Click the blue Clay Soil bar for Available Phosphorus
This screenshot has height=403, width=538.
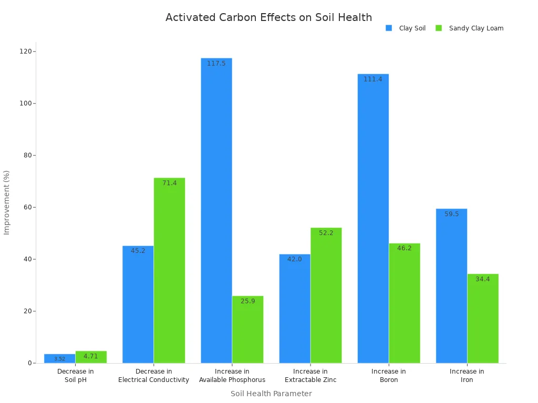coord(216,210)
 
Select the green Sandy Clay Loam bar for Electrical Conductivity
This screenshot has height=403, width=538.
coord(169,270)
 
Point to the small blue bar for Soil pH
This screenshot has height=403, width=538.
coord(59,358)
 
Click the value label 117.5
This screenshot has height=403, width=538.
coord(216,63)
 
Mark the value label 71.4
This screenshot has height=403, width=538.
coord(169,183)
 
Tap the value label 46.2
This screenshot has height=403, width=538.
coord(404,248)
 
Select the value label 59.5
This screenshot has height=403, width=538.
coord(451,214)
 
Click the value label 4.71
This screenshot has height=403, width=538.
coord(91,356)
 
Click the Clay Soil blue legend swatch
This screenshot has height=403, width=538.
coord(389,28)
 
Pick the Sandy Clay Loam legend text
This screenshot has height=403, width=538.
coord(476,28)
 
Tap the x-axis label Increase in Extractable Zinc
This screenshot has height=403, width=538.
coord(311,376)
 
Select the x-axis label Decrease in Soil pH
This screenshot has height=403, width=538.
coord(75,376)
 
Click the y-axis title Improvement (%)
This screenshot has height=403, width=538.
coord(7,202)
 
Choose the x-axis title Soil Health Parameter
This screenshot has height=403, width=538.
coord(271,394)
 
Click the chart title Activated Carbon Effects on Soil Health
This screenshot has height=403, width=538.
coord(268,17)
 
